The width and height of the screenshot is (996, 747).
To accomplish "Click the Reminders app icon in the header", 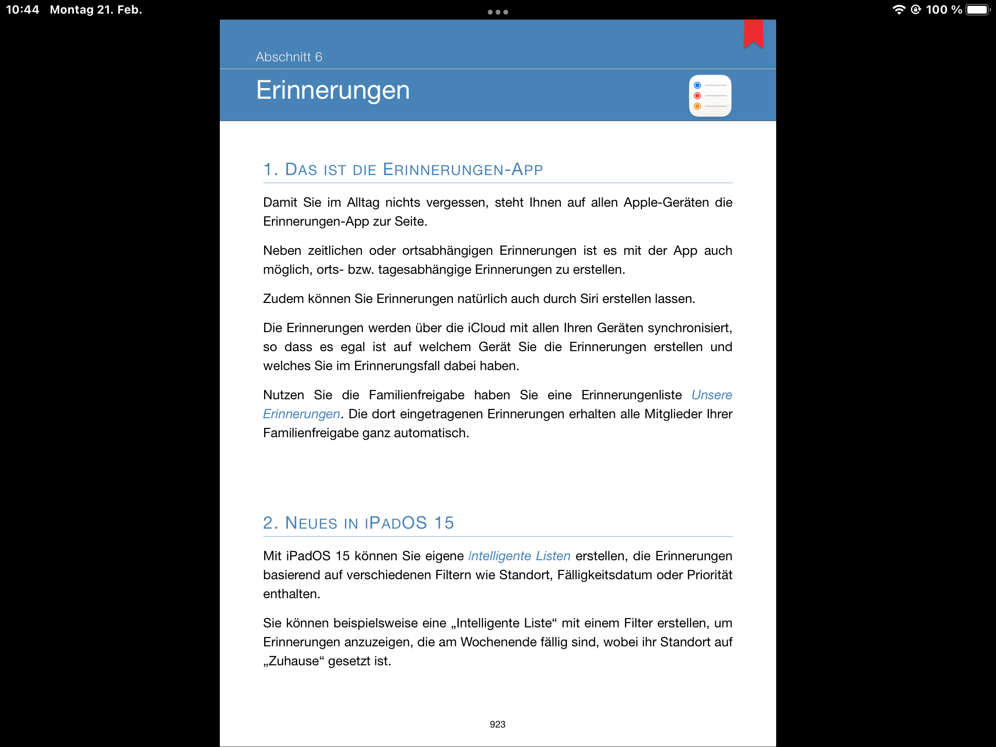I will tap(710, 96).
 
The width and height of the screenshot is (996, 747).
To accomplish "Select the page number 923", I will tap(498, 724).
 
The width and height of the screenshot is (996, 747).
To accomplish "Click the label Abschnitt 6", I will tap(289, 57).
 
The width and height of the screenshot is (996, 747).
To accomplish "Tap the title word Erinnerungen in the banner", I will tap(333, 90).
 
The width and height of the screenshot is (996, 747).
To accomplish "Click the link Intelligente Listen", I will tap(519, 556).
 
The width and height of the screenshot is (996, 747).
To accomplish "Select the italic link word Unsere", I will tap(711, 395).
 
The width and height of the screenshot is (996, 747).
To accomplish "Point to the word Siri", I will tap(589, 299).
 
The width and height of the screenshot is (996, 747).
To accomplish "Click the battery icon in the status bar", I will tap(978, 10).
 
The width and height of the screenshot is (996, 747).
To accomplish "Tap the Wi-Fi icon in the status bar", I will tap(899, 10).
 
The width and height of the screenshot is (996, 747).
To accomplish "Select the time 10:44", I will tap(22, 10).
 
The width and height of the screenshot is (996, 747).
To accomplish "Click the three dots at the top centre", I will tap(498, 12).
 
